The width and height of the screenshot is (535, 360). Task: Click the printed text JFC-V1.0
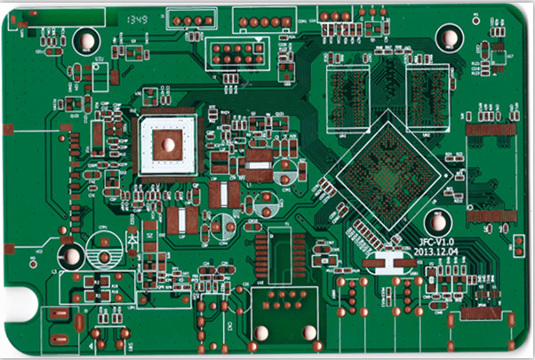point(435,242)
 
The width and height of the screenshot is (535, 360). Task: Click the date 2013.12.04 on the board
point(435,252)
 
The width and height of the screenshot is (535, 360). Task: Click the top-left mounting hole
point(86,40)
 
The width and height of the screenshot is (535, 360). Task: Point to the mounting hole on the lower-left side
point(69,256)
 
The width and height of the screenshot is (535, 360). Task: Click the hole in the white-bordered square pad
point(166,144)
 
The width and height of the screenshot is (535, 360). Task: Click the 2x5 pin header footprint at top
point(235,53)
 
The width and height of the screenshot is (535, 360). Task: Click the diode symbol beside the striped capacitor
point(132,239)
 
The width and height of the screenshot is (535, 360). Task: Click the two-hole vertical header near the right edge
point(518,246)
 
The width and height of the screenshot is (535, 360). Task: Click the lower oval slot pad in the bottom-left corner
point(60,339)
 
